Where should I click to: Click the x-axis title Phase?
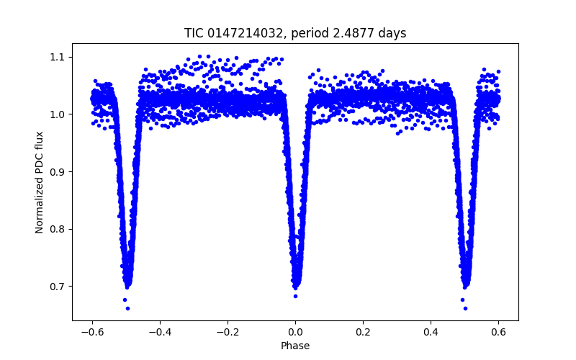[x=295, y=346]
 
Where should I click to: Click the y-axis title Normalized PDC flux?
[x=40, y=182]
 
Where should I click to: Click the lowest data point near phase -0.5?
[x=127, y=308]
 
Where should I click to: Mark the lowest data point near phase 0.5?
[x=465, y=308]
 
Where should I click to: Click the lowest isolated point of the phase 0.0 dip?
[x=295, y=296]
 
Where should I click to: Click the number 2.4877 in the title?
[x=355, y=33]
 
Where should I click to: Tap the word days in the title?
[x=393, y=33]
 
